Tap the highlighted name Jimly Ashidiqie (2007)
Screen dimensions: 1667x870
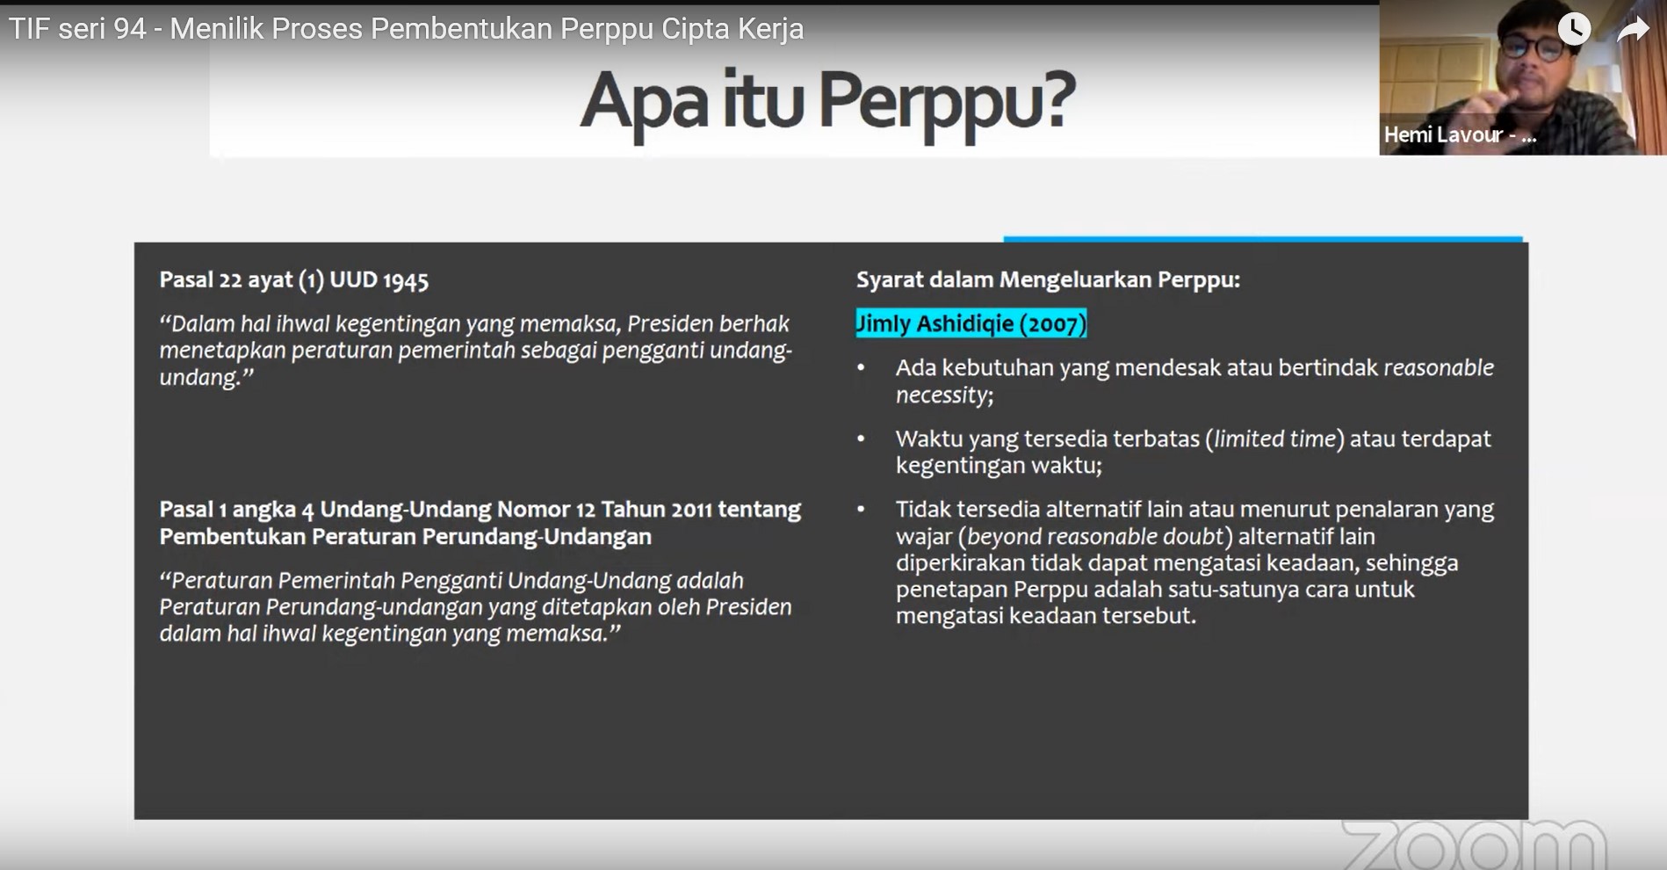pos(971,323)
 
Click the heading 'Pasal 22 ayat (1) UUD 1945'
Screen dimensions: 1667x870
pos(294,280)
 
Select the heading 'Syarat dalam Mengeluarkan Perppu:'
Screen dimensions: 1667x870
pos(1048,279)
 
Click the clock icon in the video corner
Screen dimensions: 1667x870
pos(1573,29)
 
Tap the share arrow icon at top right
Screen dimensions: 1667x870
pos(1633,30)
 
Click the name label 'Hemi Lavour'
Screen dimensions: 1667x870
pos(1444,135)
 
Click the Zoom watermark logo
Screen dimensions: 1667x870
pos(1474,845)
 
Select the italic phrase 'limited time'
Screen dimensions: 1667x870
pos(1274,439)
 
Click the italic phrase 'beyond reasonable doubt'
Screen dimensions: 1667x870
pos(1095,536)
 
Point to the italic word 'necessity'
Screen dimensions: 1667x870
pos(942,395)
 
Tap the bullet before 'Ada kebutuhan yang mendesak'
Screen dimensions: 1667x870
pos(861,368)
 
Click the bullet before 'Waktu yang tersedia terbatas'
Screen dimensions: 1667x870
pos(861,439)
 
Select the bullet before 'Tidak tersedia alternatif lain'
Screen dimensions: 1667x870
pos(861,509)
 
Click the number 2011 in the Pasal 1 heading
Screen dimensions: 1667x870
pos(692,510)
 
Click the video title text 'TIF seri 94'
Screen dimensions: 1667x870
pos(77,29)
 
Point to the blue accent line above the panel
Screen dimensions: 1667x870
pos(1263,238)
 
